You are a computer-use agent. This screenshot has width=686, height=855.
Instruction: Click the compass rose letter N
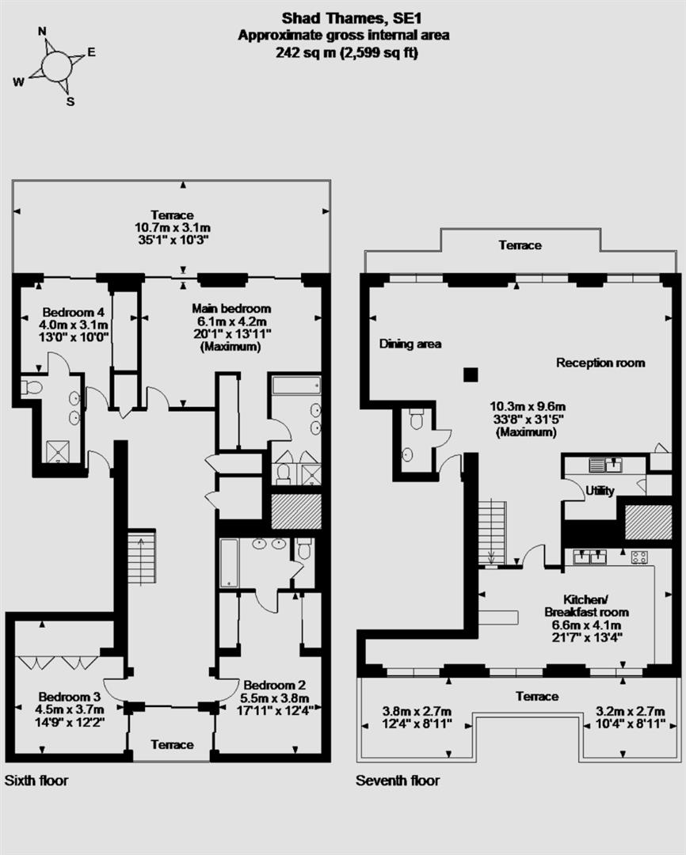(x=43, y=32)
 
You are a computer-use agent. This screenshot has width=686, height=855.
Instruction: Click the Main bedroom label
(x=231, y=308)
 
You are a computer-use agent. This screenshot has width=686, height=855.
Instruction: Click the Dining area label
(x=410, y=344)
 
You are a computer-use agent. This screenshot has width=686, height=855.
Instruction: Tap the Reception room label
(x=600, y=363)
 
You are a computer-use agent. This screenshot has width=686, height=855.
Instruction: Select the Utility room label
(x=600, y=492)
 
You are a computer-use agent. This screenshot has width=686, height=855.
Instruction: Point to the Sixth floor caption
(x=36, y=781)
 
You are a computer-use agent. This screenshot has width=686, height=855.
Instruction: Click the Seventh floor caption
(x=397, y=781)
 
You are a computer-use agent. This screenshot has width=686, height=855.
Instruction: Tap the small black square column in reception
(x=471, y=374)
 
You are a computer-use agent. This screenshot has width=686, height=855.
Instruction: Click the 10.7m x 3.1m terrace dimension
(x=172, y=226)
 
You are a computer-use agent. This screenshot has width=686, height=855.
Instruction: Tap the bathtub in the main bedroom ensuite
(x=295, y=386)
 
